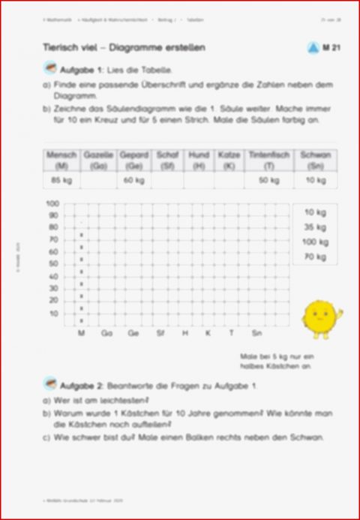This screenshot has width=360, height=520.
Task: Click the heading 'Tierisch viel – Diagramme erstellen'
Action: click(124, 48)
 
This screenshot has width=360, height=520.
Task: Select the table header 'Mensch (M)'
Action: click(61, 158)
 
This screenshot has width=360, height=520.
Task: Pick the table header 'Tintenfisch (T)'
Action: click(268, 158)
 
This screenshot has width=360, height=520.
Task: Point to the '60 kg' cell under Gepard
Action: click(133, 180)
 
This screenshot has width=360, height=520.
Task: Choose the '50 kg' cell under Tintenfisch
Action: click(268, 180)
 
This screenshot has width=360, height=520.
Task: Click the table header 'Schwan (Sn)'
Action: click(315, 158)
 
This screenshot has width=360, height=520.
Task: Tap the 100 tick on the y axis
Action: click(52, 203)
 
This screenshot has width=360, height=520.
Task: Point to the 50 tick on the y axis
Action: click(53, 264)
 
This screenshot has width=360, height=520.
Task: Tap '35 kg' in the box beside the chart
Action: click(315, 227)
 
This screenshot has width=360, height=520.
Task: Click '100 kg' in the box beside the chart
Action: click(315, 242)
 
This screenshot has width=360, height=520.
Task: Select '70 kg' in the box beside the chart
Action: click(315, 257)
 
